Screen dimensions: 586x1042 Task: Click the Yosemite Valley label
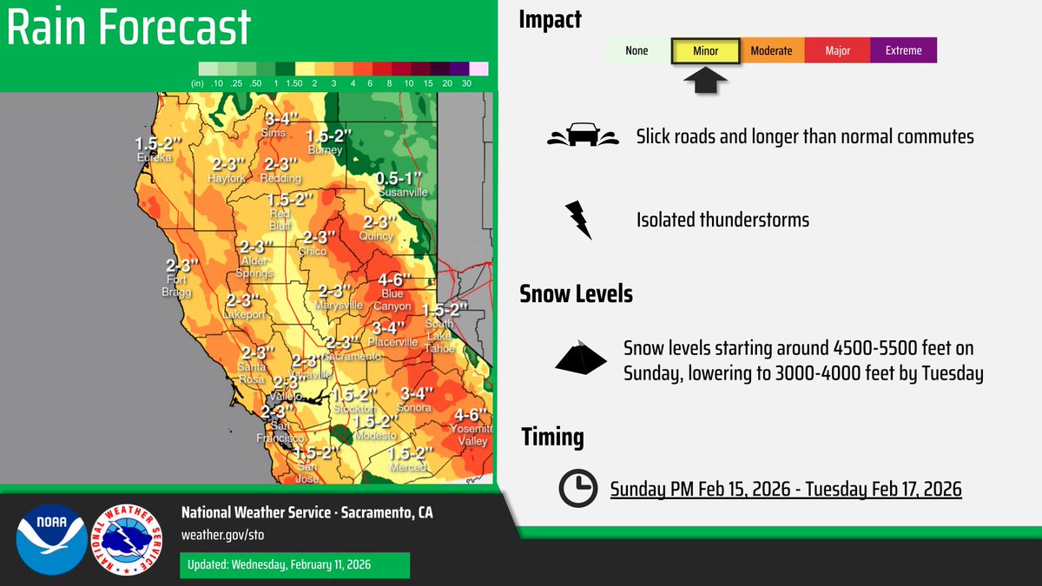(473, 435)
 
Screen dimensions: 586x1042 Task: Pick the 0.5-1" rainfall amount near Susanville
(400, 179)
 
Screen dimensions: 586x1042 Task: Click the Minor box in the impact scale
(705, 50)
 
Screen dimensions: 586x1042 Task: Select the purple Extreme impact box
(903, 50)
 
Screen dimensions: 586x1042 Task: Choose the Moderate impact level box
(771, 50)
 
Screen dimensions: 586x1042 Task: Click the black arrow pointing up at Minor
(705, 82)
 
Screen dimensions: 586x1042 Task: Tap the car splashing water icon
(581, 136)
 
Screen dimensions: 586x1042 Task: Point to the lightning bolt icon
(578, 220)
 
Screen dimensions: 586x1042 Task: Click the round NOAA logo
(51, 539)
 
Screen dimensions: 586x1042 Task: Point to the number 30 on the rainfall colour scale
(466, 82)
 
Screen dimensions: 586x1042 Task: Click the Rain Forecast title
(129, 28)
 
